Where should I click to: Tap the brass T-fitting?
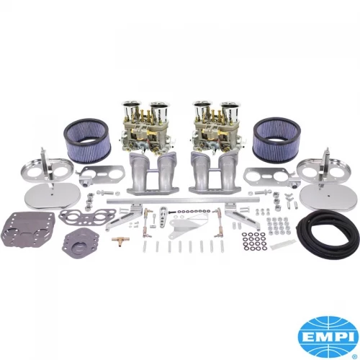(x=120, y=240)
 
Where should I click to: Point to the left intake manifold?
(x=150, y=174)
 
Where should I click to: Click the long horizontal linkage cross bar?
(x=183, y=200)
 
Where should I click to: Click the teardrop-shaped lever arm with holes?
(x=163, y=215)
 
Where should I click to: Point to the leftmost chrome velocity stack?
(x=131, y=109)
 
